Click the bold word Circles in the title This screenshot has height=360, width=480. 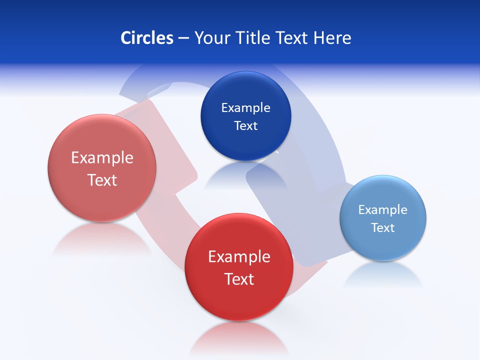pyautogui.click(x=146, y=38)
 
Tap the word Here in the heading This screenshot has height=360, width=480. pyautogui.click(x=332, y=38)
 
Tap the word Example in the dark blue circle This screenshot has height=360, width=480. pyautogui.click(x=245, y=108)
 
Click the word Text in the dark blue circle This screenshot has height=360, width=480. pyautogui.click(x=245, y=126)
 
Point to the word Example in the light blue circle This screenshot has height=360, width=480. pyautogui.click(x=382, y=210)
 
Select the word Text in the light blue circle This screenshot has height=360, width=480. pyautogui.click(x=383, y=228)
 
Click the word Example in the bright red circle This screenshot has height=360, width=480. pyautogui.click(x=239, y=257)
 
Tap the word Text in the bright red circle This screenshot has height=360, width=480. pyautogui.click(x=239, y=279)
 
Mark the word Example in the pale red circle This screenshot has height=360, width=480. pyautogui.click(x=102, y=158)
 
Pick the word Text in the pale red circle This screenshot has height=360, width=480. pyautogui.click(x=102, y=180)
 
